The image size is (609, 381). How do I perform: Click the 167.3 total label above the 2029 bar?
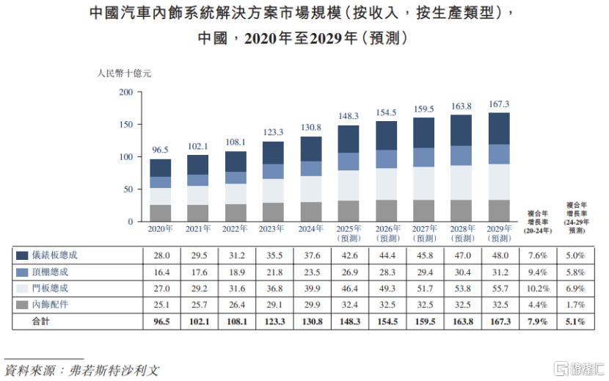point(499,104)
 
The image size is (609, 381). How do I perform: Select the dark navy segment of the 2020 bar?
point(160,168)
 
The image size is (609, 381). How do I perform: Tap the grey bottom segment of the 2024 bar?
point(311,211)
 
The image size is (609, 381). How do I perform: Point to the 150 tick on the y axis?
point(125,125)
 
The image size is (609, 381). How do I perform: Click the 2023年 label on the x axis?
point(273,229)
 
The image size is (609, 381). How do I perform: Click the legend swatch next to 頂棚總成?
point(22,272)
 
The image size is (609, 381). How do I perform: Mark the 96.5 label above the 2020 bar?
point(160,150)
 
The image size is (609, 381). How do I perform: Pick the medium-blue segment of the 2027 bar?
point(423,157)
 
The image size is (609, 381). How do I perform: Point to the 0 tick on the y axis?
point(130,222)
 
